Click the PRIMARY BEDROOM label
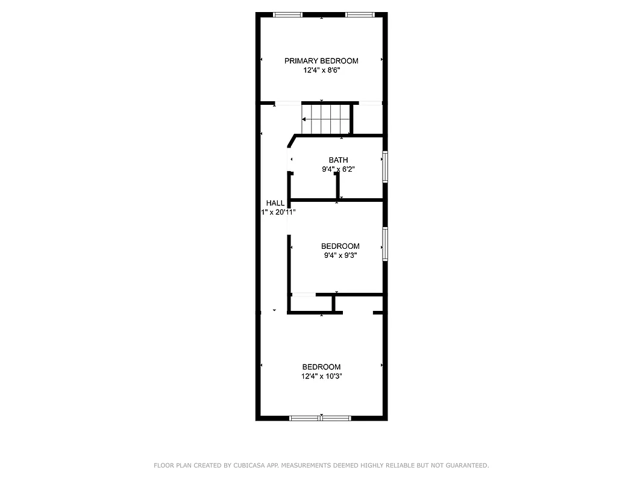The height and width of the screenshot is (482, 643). (x=321, y=61)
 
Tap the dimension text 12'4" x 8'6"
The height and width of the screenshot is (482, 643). (x=321, y=70)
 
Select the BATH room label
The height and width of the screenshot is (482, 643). (x=338, y=160)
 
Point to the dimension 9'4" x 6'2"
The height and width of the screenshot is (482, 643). (x=338, y=169)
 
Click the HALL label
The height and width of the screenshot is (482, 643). (x=275, y=203)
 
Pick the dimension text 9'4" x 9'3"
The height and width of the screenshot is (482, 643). (x=340, y=255)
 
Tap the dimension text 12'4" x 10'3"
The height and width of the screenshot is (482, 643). (x=321, y=377)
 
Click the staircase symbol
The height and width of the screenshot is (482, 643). (x=326, y=119)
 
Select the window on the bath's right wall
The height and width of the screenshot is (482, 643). (x=384, y=166)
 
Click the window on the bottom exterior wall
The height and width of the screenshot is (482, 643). (x=321, y=418)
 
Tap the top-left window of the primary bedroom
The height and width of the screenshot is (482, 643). (x=287, y=14)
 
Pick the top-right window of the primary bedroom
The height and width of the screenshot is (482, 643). (x=359, y=14)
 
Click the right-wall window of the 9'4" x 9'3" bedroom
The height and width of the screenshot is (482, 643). (x=384, y=244)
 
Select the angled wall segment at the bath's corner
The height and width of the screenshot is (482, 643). (x=292, y=141)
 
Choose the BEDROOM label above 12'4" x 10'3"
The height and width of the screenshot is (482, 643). (x=321, y=367)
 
